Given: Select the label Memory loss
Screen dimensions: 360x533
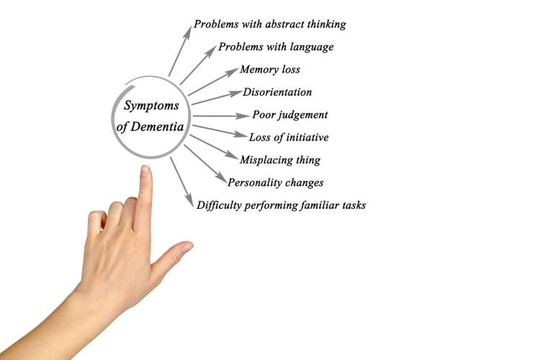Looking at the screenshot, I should [269, 70].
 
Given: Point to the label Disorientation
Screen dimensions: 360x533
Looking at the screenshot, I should [277, 92].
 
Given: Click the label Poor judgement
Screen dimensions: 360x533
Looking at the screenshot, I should [290, 114].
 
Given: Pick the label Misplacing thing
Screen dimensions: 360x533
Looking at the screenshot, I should [280, 160].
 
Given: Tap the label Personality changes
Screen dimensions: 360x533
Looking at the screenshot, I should [275, 182].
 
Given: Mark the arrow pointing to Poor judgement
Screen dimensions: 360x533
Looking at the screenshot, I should [220, 115].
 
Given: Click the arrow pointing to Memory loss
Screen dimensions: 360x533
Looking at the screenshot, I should [213, 81].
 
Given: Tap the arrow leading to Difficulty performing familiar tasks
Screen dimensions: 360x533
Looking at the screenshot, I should [182, 180].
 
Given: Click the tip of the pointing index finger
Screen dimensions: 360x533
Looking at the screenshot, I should [145, 171].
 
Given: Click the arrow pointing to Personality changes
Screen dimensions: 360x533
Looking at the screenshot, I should [206, 166].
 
